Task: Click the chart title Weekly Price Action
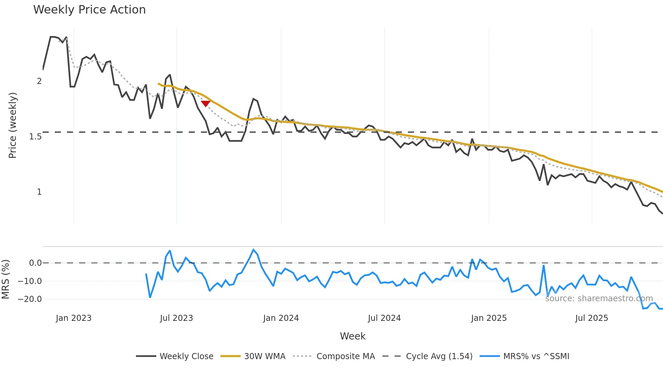pyautogui.click(x=89, y=10)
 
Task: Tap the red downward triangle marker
pyautogui.click(x=205, y=103)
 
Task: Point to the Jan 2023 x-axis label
pyautogui.click(x=74, y=318)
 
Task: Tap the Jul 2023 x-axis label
pyautogui.click(x=177, y=318)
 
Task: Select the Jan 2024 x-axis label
pyautogui.click(x=281, y=318)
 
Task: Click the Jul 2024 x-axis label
pyautogui.click(x=384, y=318)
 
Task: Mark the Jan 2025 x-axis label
pyautogui.click(x=489, y=318)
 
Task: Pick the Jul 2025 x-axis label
pyautogui.click(x=592, y=318)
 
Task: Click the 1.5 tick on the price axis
pyautogui.click(x=36, y=137)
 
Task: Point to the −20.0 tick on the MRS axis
pyautogui.click(x=30, y=299)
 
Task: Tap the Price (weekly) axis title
pyautogui.click(x=13, y=125)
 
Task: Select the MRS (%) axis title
pyautogui.click(x=5, y=279)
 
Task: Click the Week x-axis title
pyautogui.click(x=352, y=336)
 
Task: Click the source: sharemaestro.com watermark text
pyautogui.click(x=599, y=299)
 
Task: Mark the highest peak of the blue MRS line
pyautogui.click(x=253, y=250)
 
